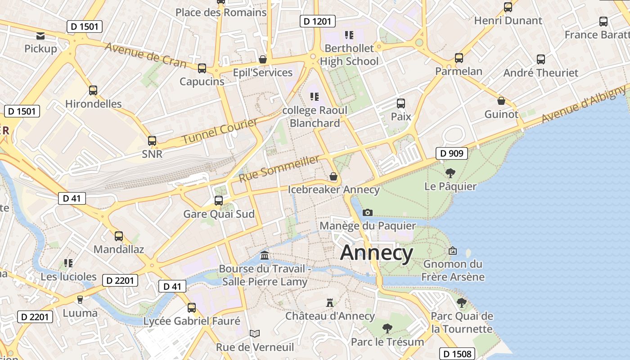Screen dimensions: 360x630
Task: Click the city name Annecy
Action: click(x=377, y=253)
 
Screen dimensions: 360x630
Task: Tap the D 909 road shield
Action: click(x=451, y=153)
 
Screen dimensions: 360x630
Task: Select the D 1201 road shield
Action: click(x=317, y=21)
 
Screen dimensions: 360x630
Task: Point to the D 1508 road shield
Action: click(x=456, y=354)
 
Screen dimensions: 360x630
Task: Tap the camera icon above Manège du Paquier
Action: click(x=368, y=212)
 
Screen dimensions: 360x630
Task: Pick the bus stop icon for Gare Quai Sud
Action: click(x=219, y=200)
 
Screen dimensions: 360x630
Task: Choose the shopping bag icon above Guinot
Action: click(x=501, y=101)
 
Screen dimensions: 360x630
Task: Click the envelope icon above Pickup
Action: click(x=40, y=36)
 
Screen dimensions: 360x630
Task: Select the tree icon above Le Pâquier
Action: click(x=450, y=173)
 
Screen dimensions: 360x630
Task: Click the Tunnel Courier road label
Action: click(x=220, y=131)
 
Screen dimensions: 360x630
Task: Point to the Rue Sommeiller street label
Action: click(x=279, y=169)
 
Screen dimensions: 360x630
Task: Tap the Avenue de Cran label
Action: click(x=145, y=55)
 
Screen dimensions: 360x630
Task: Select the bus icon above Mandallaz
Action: click(x=119, y=236)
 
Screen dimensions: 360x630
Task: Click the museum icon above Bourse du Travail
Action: click(x=265, y=256)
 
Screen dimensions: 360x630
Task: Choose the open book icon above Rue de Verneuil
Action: click(x=255, y=334)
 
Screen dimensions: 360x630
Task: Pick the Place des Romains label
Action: click(x=221, y=13)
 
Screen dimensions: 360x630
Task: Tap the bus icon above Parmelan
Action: click(x=459, y=58)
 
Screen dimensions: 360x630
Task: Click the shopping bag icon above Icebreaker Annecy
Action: click(x=333, y=176)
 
